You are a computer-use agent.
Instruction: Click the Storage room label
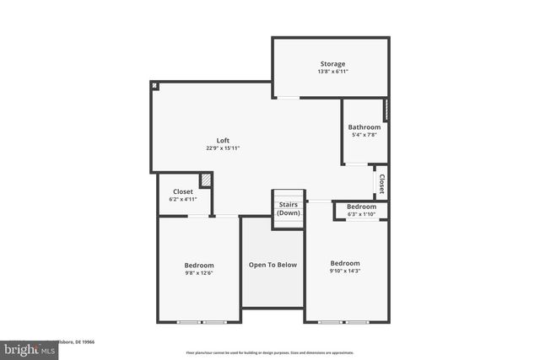pyautogui.click(x=332, y=64)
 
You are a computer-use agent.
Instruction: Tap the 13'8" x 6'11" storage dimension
pyautogui.click(x=332, y=72)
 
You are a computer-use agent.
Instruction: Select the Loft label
pyautogui.click(x=223, y=140)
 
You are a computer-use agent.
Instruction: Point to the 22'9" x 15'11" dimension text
pyautogui.click(x=223, y=148)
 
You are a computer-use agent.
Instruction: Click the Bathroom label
pyautogui.click(x=364, y=127)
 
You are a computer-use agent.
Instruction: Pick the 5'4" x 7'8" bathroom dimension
pyautogui.click(x=364, y=135)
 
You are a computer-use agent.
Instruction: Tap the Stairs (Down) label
pyautogui.click(x=289, y=208)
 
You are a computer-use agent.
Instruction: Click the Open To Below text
pyautogui.click(x=273, y=265)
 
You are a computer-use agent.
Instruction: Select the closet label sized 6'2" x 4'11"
pyautogui.click(x=182, y=191)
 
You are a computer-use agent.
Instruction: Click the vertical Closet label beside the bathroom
pyautogui.click(x=381, y=184)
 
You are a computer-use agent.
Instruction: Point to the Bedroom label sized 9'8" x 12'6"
pyautogui.click(x=199, y=265)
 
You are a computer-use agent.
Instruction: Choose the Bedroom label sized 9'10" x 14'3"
pyautogui.click(x=345, y=262)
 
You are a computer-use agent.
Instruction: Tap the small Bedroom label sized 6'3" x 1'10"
pyautogui.click(x=361, y=207)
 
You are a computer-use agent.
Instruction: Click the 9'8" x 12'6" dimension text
pyautogui.click(x=199, y=272)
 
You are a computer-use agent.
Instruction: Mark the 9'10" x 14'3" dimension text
pyautogui.click(x=345, y=270)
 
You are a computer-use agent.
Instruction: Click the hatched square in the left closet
pyautogui.click(x=205, y=180)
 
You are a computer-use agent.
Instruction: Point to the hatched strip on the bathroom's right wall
pyautogui.click(x=386, y=110)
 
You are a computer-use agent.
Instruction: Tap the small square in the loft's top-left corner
pyautogui.click(x=155, y=86)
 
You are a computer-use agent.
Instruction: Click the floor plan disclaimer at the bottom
pyautogui.click(x=270, y=352)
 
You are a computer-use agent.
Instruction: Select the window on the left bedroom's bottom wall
pyautogui.click(x=201, y=322)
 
